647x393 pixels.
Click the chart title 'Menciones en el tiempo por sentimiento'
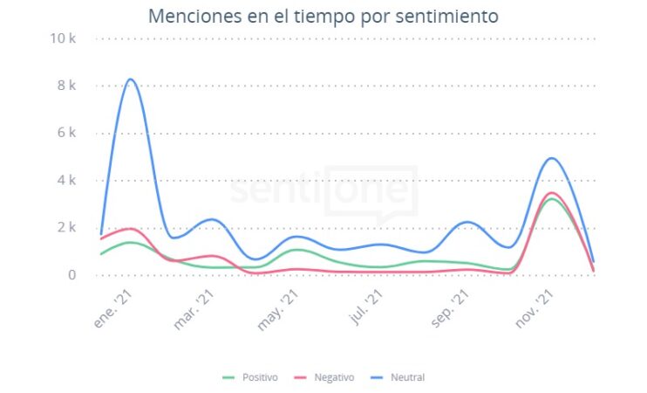click(323, 16)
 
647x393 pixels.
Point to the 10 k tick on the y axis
click(66, 38)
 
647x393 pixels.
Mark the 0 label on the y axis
click(72, 275)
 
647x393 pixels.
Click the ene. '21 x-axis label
click(114, 308)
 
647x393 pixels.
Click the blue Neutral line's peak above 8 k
click(131, 79)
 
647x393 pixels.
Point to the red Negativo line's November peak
click(551, 193)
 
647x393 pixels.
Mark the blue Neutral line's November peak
click(552, 158)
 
